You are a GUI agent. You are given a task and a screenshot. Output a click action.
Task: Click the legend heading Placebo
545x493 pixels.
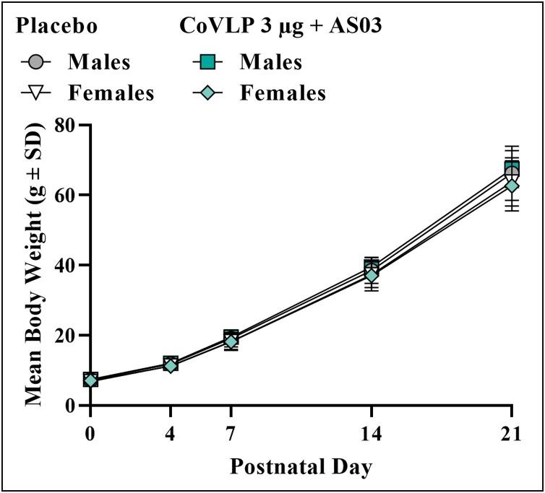(57, 27)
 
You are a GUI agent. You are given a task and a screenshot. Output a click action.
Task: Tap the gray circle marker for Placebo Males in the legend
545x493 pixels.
(35, 62)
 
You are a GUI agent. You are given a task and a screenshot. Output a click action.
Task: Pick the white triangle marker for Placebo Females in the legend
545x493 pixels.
(35, 93)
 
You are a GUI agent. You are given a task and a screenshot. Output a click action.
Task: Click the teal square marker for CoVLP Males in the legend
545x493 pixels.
(208, 62)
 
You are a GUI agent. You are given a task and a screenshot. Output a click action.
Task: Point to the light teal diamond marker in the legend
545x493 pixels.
(208, 93)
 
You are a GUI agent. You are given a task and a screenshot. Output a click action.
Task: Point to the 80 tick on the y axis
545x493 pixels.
(66, 125)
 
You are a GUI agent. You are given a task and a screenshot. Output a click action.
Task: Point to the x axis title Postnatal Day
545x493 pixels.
(301, 467)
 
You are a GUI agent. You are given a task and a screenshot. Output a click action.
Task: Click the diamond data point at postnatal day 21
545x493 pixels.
(512, 186)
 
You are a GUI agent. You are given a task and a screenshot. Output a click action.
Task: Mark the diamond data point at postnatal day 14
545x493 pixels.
(371, 276)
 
